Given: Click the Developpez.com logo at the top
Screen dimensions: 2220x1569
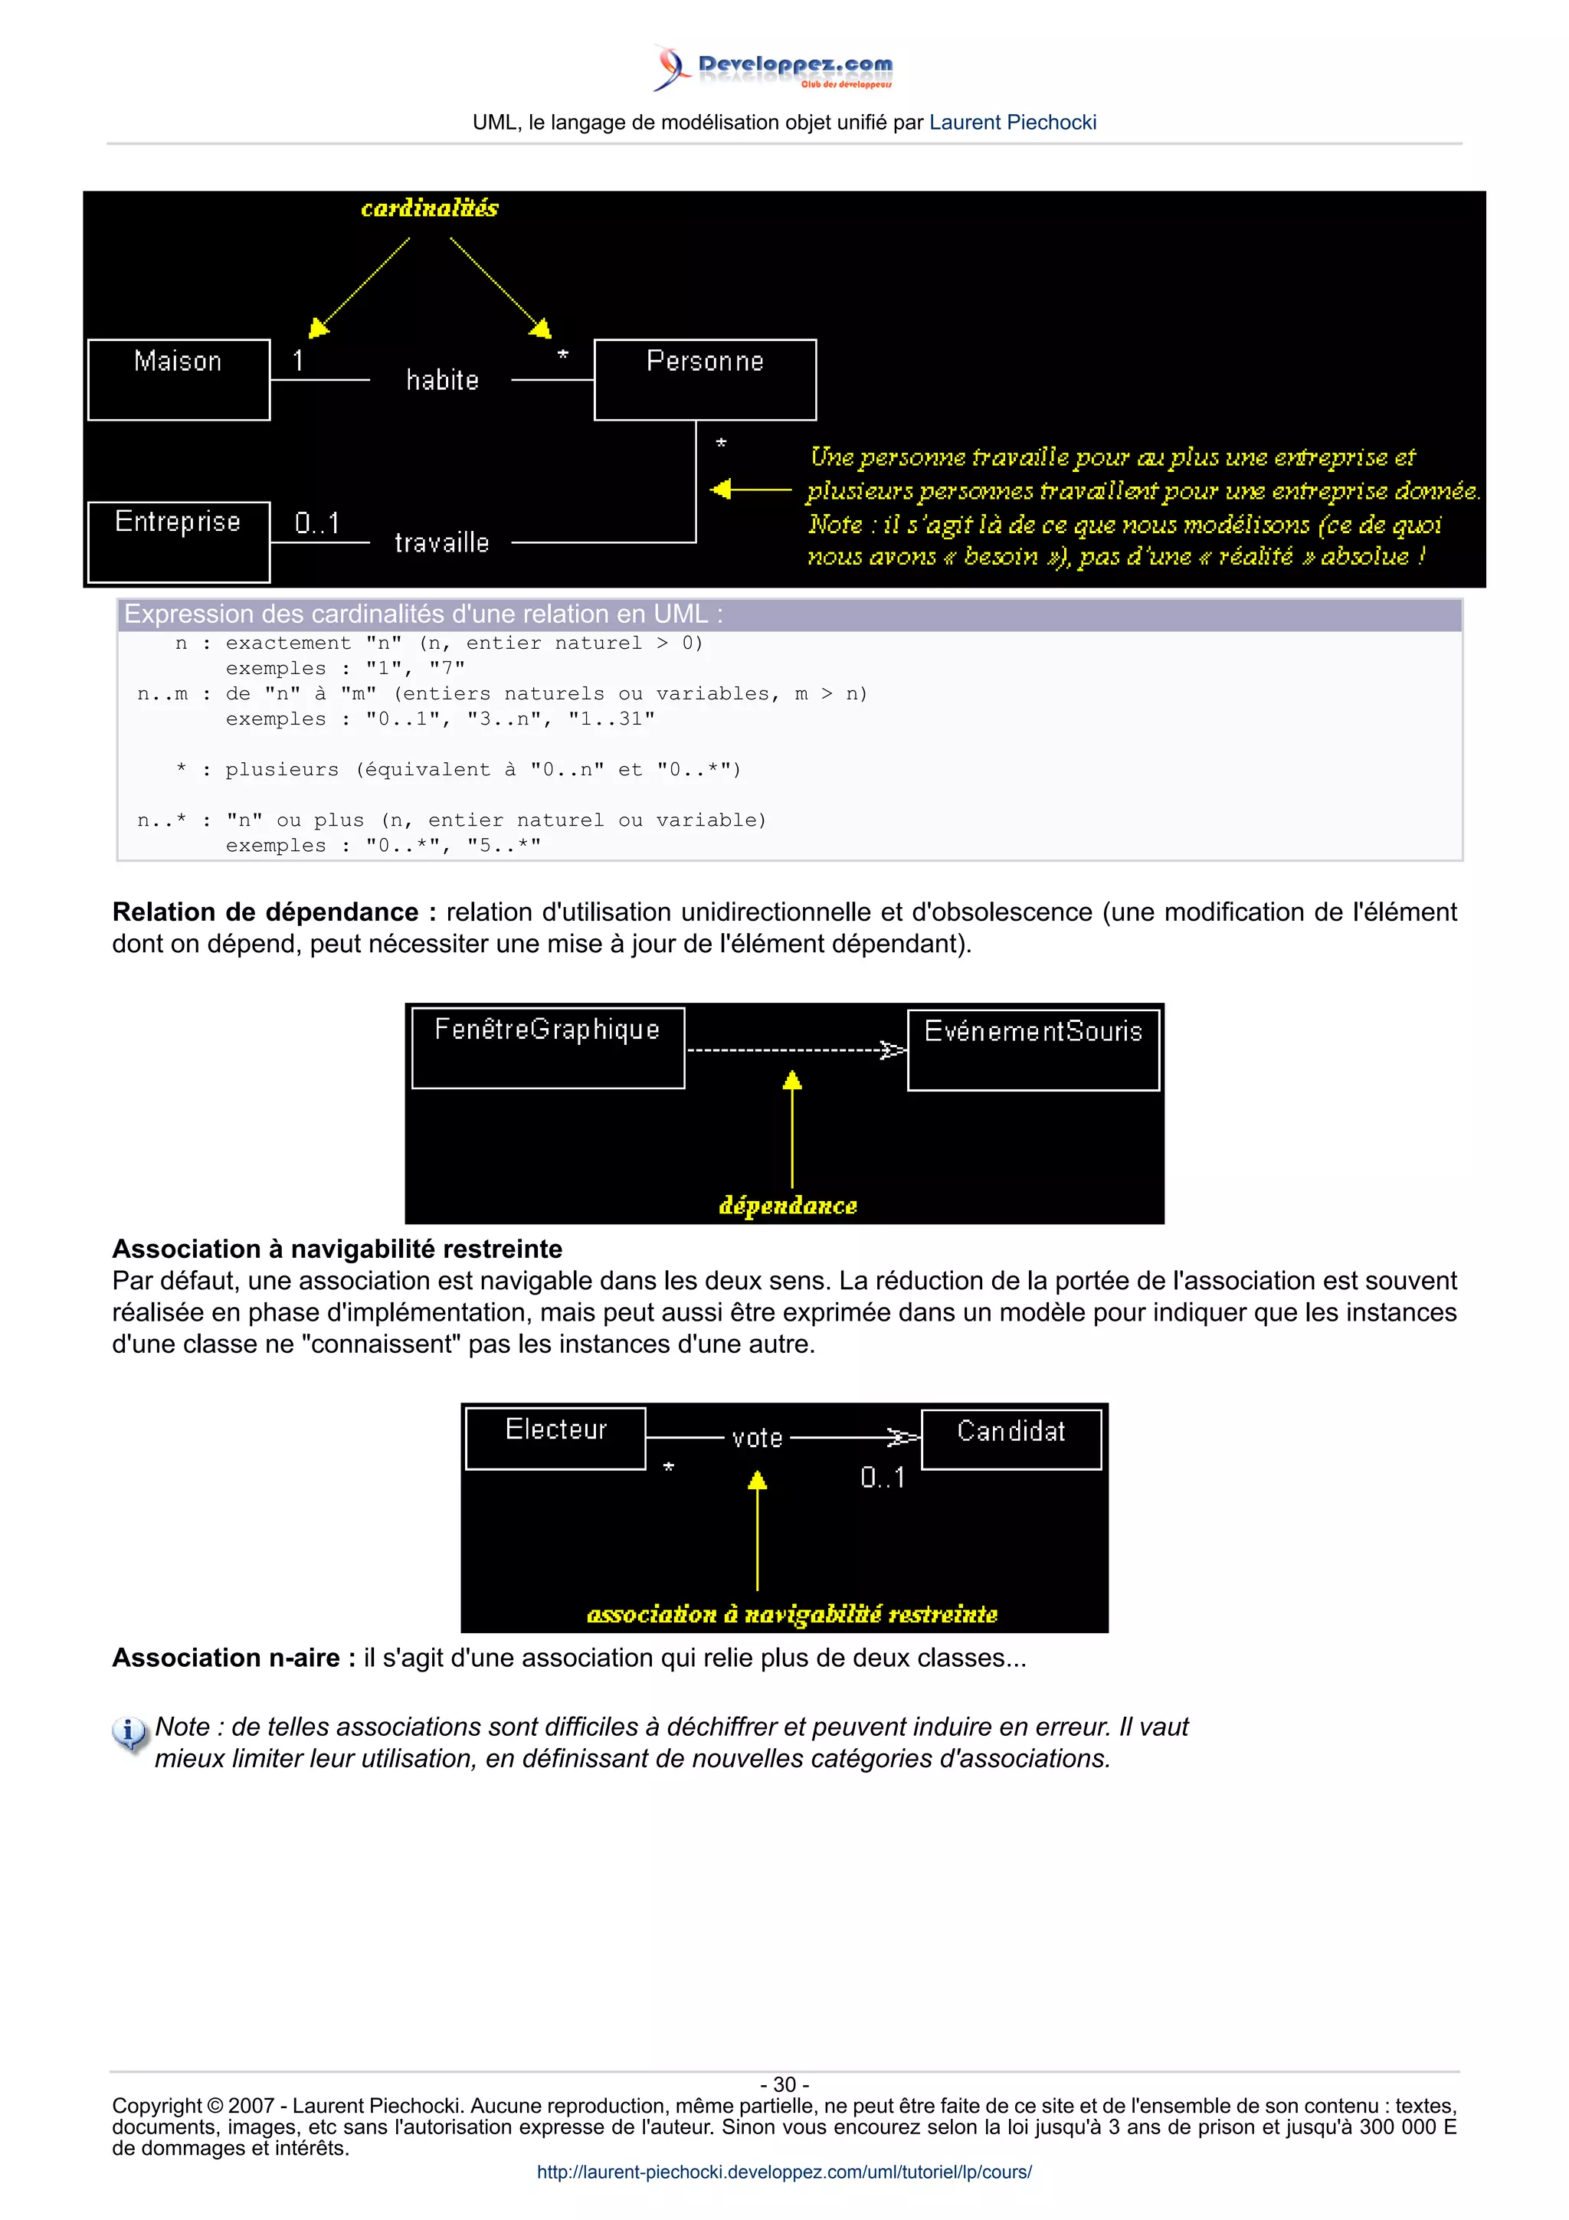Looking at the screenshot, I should click(773, 67).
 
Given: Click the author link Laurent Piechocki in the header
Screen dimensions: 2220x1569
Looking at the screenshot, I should click(1012, 123).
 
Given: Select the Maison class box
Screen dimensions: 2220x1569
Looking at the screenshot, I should click(179, 379).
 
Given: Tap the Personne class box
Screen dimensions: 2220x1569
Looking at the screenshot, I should click(705, 379).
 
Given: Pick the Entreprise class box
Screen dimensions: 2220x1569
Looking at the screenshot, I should click(179, 541).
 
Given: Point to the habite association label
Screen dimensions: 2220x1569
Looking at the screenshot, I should click(442, 380).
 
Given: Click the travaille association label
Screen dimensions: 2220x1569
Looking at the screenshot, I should click(442, 542).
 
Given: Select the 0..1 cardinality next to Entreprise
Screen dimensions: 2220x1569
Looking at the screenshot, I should click(317, 523).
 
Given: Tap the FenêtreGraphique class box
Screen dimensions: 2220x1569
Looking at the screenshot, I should click(548, 1047).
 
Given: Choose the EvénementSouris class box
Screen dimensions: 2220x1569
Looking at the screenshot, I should click(1033, 1049).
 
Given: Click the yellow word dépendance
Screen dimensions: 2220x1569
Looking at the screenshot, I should click(788, 1205).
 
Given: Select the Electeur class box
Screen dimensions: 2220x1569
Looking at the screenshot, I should click(556, 1438).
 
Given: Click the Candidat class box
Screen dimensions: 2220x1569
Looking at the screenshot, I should click(1011, 1439).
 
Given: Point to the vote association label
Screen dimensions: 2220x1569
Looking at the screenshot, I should click(757, 1438).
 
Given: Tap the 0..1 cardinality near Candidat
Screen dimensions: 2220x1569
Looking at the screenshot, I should click(883, 1478).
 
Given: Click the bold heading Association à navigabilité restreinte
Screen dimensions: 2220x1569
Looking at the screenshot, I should click(337, 1249).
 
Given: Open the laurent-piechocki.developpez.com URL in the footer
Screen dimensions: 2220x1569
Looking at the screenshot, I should click(784, 2172).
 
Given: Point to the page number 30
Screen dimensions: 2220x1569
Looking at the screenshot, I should click(784, 2084).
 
